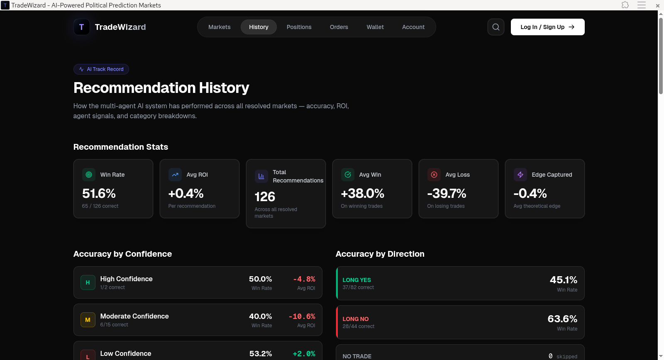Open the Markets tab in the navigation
[219, 27]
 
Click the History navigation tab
[259, 27]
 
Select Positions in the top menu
[299, 27]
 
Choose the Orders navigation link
[339, 27]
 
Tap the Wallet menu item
[375, 27]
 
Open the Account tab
[413, 27]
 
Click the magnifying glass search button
[496, 27]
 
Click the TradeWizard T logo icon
[82, 27]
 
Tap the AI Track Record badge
[101, 69]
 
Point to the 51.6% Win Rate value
[99, 193]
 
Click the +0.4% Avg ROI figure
[186, 193]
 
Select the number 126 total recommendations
[265, 197]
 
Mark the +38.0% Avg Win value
[362, 193]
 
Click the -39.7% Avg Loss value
[447, 193]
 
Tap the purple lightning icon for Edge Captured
[520, 175]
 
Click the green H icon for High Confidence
[88, 282]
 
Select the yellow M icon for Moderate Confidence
[88, 320]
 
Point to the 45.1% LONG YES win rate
[563, 280]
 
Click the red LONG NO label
[355, 319]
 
